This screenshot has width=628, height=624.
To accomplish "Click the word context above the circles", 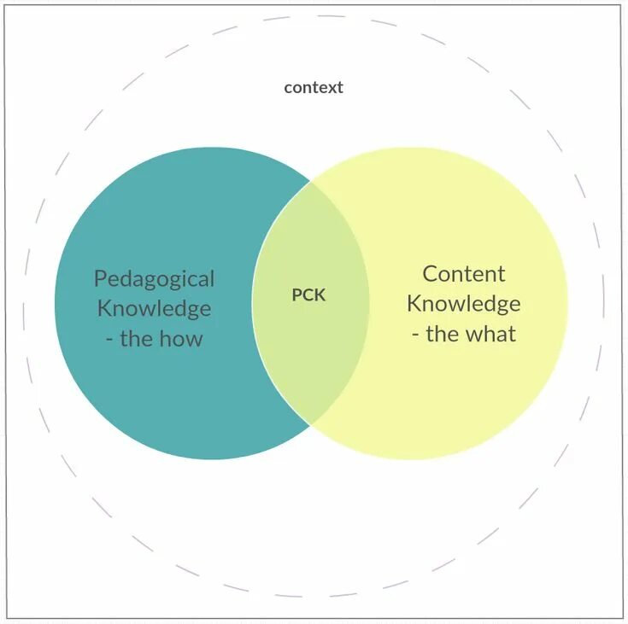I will pyautogui.click(x=314, y=87).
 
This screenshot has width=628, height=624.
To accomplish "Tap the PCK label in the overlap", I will pyautogui.click(x=308, y=295).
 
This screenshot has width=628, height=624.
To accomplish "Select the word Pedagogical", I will pyautogui.click(x=155, y=280).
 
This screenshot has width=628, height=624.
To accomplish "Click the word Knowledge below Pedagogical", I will pyautogui.click(x=155, y=308).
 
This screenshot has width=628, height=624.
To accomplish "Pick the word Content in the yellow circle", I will pyautogui.click(x=464, y=274).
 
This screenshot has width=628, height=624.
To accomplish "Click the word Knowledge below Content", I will pyautogui.click(x=464, y=304).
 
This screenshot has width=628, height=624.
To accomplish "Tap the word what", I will pyautogui.click(x=494, y=334).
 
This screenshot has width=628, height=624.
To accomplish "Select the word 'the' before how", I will pyautogui.click(x=137, y=338).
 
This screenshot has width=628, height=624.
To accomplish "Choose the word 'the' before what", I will pyautogui.click(x=443, y=334).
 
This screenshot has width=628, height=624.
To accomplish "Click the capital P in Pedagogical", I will pyautogui.click(x=100, y=279).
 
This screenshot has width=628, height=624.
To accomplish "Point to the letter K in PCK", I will pyautogui.click(x=320, y=295).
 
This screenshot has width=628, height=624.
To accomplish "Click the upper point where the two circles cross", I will pyautogui.click(x=310, y=181).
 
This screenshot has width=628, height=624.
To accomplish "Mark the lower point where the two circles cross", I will pyautogui.click(x=310, y=424).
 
